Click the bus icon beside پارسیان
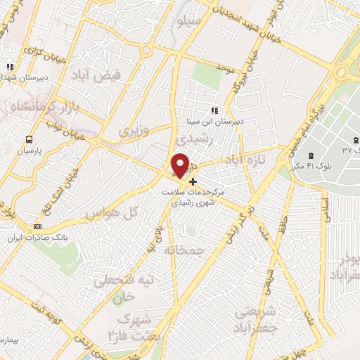[29, 139]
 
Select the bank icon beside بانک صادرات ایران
[37, 226]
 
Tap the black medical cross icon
[193, 181]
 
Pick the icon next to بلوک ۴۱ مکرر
[311, 155]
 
